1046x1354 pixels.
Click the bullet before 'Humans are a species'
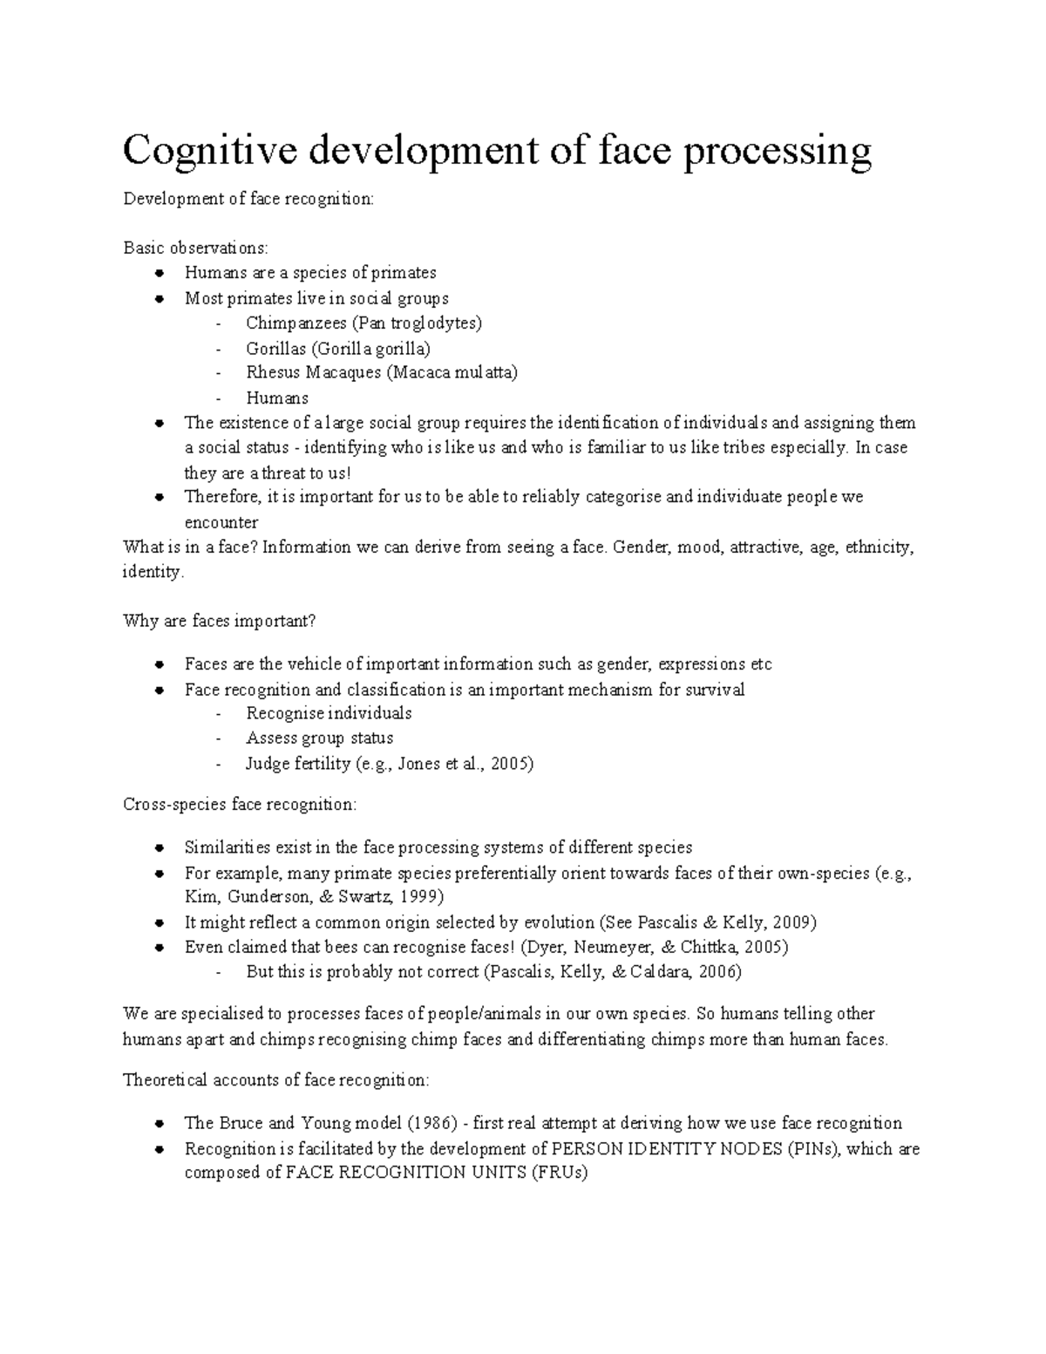pyautogui.click(x=159, y=273)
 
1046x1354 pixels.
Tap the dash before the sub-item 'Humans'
pyautogui.click(x=217, y=398)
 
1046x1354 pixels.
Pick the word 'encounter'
pyautogui.click(x=221, y=522)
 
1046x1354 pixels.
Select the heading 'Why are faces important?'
pyautogui.click(x=219, y=622)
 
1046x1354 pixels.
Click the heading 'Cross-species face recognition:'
pyautogui.click(x=240, y=804)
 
